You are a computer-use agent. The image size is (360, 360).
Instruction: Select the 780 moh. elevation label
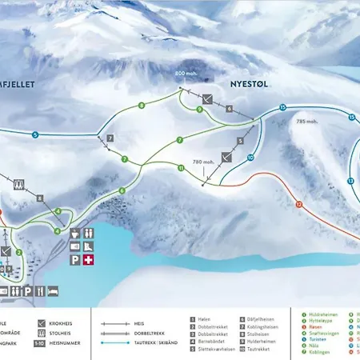pyautogui.click(x=203, y=162)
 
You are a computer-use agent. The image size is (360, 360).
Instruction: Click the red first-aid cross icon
pyautogui.click(x=90, y=262)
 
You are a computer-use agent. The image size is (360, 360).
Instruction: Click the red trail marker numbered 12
pyautogui.click(x=298, y=204)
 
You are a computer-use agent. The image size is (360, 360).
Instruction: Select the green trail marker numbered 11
pyautogui.click(x=182, y=168)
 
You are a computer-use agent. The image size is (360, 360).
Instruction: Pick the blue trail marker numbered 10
pyautogui.click(x=250, y=158)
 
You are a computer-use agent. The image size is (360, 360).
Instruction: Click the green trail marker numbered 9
pyautogui.click(x=198, y=110)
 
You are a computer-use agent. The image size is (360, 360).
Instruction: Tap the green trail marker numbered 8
pyautogui.click(x=142, y=105)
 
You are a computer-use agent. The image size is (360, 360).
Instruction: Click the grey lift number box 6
pyautogui.click(x=229, y=108)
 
